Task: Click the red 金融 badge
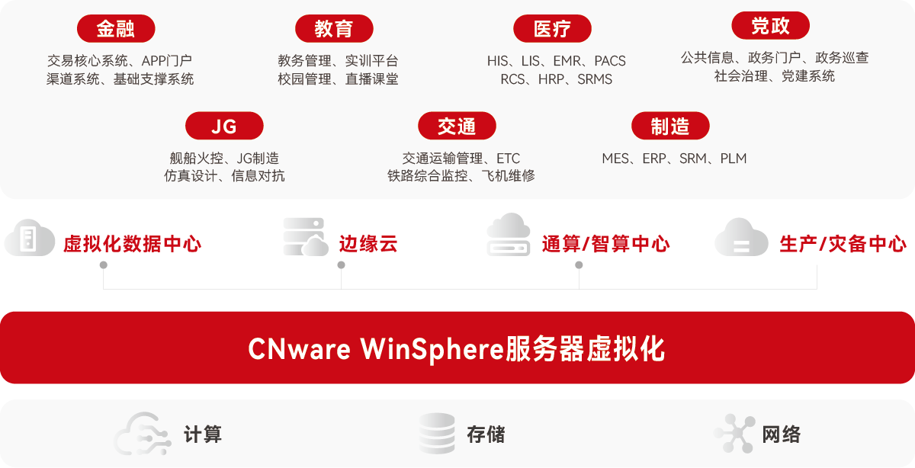coord(116,29)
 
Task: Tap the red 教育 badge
coord(334,29)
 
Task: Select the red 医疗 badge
coord(552,29)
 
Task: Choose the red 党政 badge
coord(770,26)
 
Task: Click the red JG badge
coord(224,127)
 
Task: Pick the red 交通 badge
coord(457,127)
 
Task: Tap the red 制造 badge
coord(670,127)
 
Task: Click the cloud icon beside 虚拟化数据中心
coord(30,239)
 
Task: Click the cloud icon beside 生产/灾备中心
coord(740,238)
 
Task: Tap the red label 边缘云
coord(368,244)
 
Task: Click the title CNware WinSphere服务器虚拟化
coord(457,349)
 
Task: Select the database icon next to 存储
coord(437,434)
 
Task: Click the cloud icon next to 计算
coord(143,434)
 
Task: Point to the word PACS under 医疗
coord(609,61)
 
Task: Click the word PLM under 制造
coord(733,159)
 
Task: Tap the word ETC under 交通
coord(508,159)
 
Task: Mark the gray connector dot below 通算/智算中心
coord(579,265)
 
